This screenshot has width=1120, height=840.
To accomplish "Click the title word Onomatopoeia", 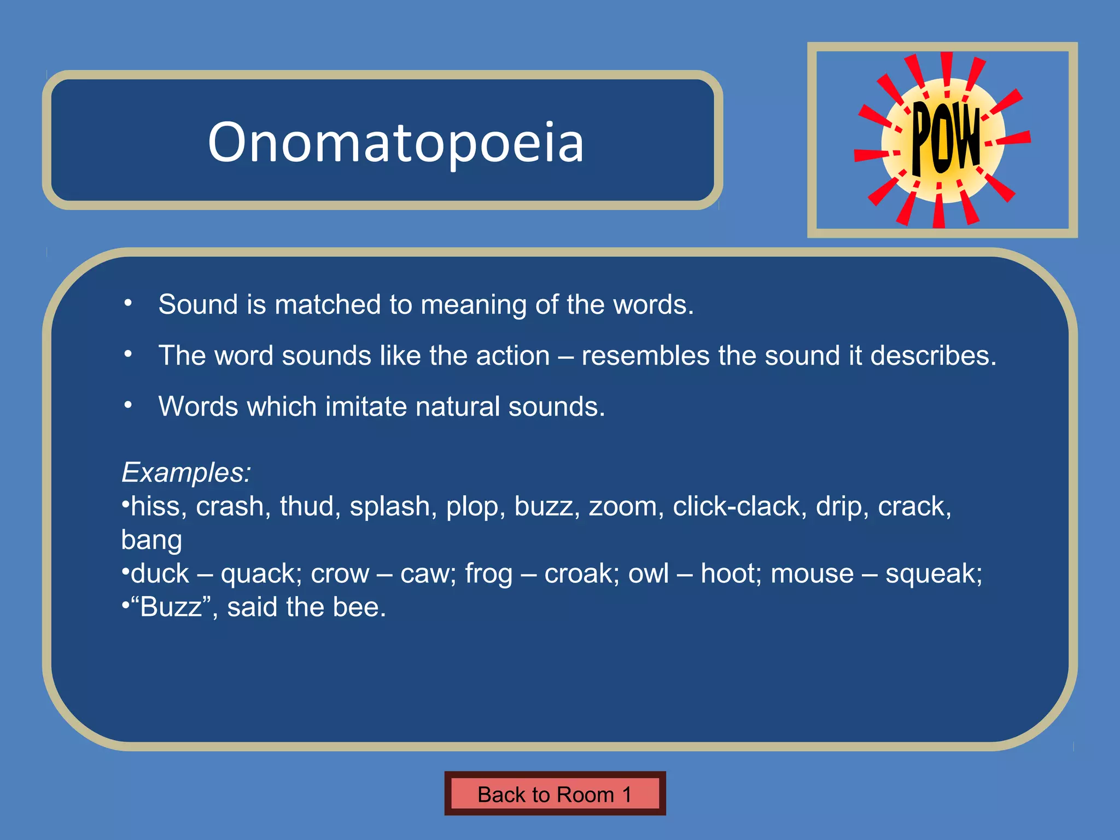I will [395, 142].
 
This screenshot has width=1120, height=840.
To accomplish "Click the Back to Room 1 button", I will [555, 794].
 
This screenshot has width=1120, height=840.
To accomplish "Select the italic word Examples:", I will [186, 472].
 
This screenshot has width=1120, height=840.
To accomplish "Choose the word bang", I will [151, 540].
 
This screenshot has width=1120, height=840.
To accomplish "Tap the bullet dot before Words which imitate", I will [128, 405].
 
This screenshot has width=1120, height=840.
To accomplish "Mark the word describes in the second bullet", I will [933, 356].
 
